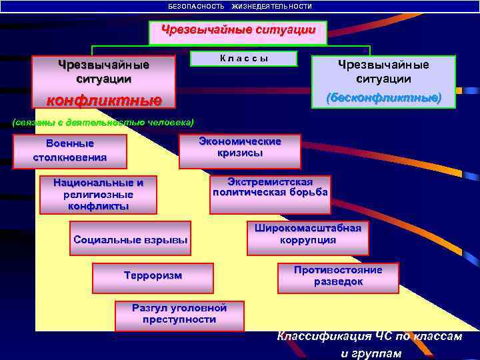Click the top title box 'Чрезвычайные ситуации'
(x=237, y=32)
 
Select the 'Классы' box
(x=244, y=59)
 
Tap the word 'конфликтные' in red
(x=103, y=101)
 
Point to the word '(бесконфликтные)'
(x=383, y=97)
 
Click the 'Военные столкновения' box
(x=70, y=151)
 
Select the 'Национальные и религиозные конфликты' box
(x=99, y=195)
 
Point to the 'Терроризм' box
(x=153, y=277)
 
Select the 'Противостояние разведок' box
(x=338, y=277)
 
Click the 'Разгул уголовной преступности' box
(x=179, y=315)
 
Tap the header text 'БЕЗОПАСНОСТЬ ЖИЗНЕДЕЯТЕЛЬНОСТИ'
(x=240, y=6)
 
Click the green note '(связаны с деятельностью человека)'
(x=103, y=122)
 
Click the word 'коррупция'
(x=308, y=240)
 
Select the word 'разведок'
(x=339, y=282)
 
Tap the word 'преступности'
(x=179, y=319)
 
